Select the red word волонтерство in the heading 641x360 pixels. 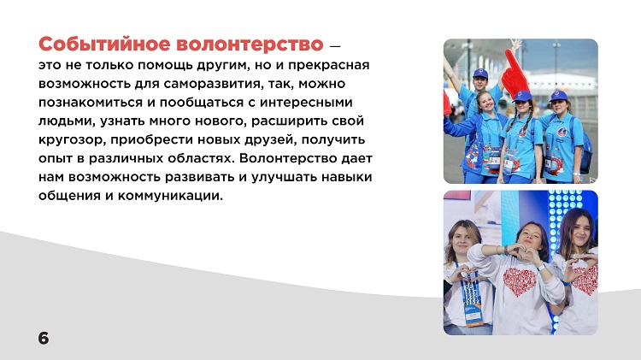pos(250,44)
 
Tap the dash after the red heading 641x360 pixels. pos(334,46)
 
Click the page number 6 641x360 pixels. pos(44,339)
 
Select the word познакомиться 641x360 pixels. pos(91,103)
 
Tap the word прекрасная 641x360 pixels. pos(329,66)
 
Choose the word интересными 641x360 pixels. pos(306,103)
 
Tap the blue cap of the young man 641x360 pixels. pos(480,74)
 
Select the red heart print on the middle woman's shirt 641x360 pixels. pos(519,282)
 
